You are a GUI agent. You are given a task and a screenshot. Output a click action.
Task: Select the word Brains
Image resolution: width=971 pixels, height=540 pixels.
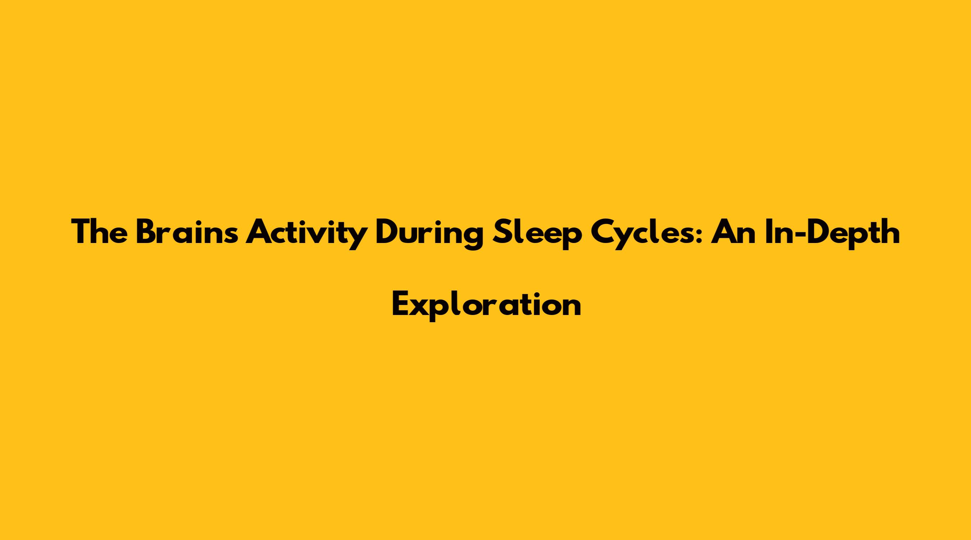(x=187, y=232)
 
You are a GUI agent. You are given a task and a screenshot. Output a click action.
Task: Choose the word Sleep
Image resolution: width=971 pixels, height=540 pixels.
(x=533, y=235)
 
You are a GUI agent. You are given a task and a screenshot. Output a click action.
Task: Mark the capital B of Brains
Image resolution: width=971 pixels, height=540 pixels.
(x=145, y=232)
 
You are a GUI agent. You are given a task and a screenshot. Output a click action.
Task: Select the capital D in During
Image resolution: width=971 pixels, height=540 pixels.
(x=387, y=232)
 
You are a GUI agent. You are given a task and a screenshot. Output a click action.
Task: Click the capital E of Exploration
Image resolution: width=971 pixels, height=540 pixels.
(x=400, y=305)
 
